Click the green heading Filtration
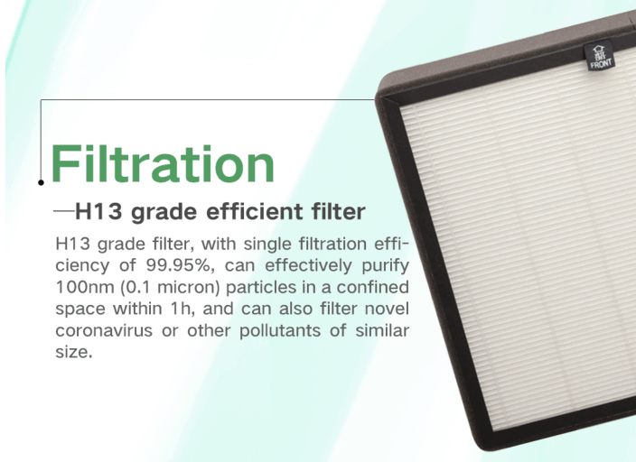(163, 163)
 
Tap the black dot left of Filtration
(41, 183)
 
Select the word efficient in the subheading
(255, 211)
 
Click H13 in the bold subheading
(98, 211)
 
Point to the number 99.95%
(179, 265)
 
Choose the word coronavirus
(104, 330)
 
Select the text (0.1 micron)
(170, 287)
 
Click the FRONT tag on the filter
(600, 56)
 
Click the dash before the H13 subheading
(63, 211)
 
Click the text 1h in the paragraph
(181, 309)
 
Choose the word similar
(381, 330)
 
